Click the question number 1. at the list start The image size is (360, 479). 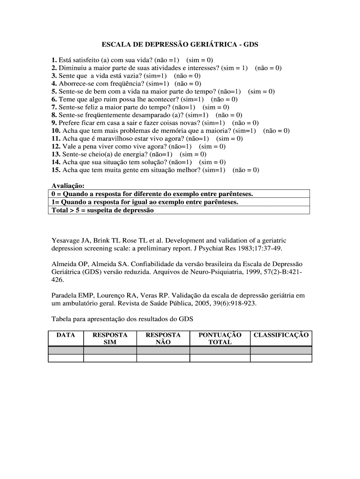point(55,60)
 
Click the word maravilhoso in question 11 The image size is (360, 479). point(114,138)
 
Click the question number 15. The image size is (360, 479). point(56,170)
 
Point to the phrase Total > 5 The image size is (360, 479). point(64,210)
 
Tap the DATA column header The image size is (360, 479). point(65,335)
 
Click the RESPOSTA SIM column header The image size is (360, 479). point(110,339)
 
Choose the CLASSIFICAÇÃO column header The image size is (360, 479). point(281,335)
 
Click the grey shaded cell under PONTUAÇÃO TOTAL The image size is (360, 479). point(220,350)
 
